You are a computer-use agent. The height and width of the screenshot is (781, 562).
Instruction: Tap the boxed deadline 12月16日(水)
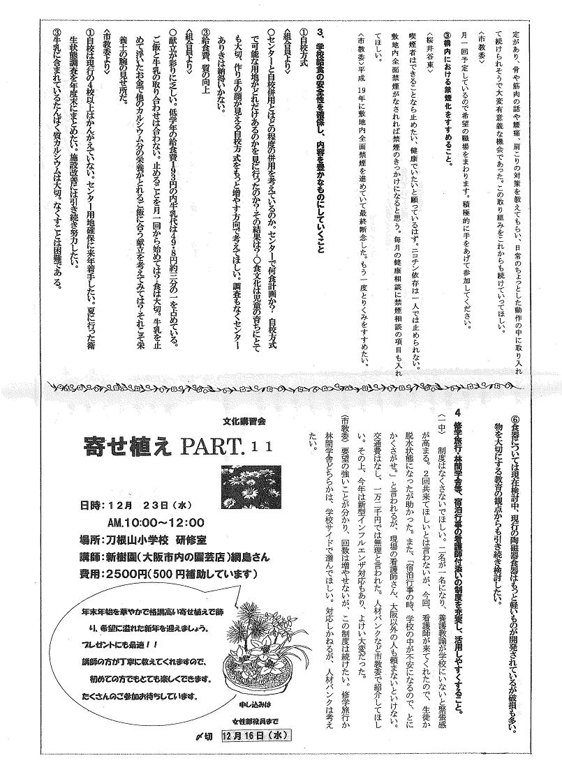(x=256, y=756)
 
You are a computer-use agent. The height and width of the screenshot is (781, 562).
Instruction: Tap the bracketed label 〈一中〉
(x=441, y=423)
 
